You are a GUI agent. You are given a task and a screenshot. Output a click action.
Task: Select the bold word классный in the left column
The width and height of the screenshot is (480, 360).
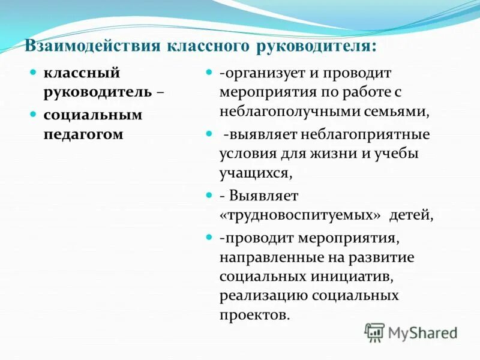[82, 73]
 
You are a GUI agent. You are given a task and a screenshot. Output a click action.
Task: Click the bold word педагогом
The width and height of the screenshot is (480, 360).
[83, 134]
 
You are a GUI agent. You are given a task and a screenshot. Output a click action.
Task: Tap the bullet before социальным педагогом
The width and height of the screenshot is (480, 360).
[34, 113]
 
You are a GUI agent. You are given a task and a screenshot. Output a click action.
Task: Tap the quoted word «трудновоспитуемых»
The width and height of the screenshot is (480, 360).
[301, 215]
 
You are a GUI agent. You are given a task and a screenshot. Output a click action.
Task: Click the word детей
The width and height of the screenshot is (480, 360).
[411, 215]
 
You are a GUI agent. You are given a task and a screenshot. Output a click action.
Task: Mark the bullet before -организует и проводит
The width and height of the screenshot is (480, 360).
[209, 72]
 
